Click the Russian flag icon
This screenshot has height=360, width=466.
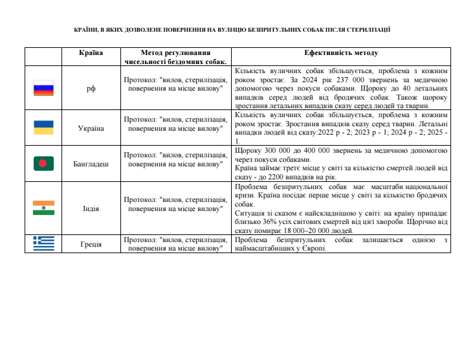[43, 89]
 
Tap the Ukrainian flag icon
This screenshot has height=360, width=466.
[43, 128]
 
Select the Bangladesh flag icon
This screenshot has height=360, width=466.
[43, 164]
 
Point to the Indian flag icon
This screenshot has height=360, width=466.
[43, 208]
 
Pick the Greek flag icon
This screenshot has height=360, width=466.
[43, 243]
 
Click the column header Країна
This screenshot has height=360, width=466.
[91, 53]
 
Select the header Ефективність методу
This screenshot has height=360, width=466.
[341, 53]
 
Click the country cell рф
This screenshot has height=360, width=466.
[91, 89]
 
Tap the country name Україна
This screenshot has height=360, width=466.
[91, 128]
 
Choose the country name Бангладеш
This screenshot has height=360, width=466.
[91, 164]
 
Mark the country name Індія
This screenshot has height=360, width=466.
[91, 208]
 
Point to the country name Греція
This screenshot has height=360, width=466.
[91, 244]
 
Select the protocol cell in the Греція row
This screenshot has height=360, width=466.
[175, 244]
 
